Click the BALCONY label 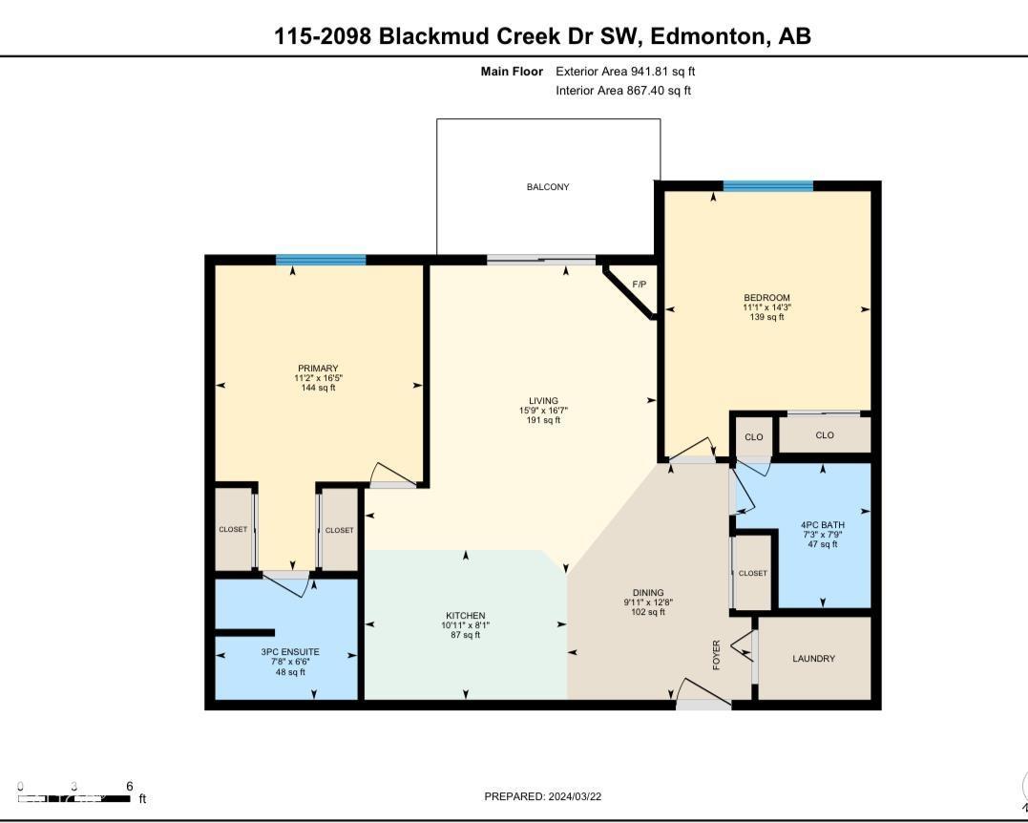point(548,187)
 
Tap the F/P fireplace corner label point(639,285)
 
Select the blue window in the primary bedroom point(321,260)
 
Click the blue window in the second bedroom point(767,186)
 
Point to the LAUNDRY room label point(813,659)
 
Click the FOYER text point(718,654)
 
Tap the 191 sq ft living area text point(545,420)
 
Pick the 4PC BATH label point(822,525)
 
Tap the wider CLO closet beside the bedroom point(825,435)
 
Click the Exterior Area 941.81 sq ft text point(632,72)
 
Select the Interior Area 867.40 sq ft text point(623,91)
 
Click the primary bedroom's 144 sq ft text point(318,388)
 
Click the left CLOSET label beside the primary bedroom point(232,530)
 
